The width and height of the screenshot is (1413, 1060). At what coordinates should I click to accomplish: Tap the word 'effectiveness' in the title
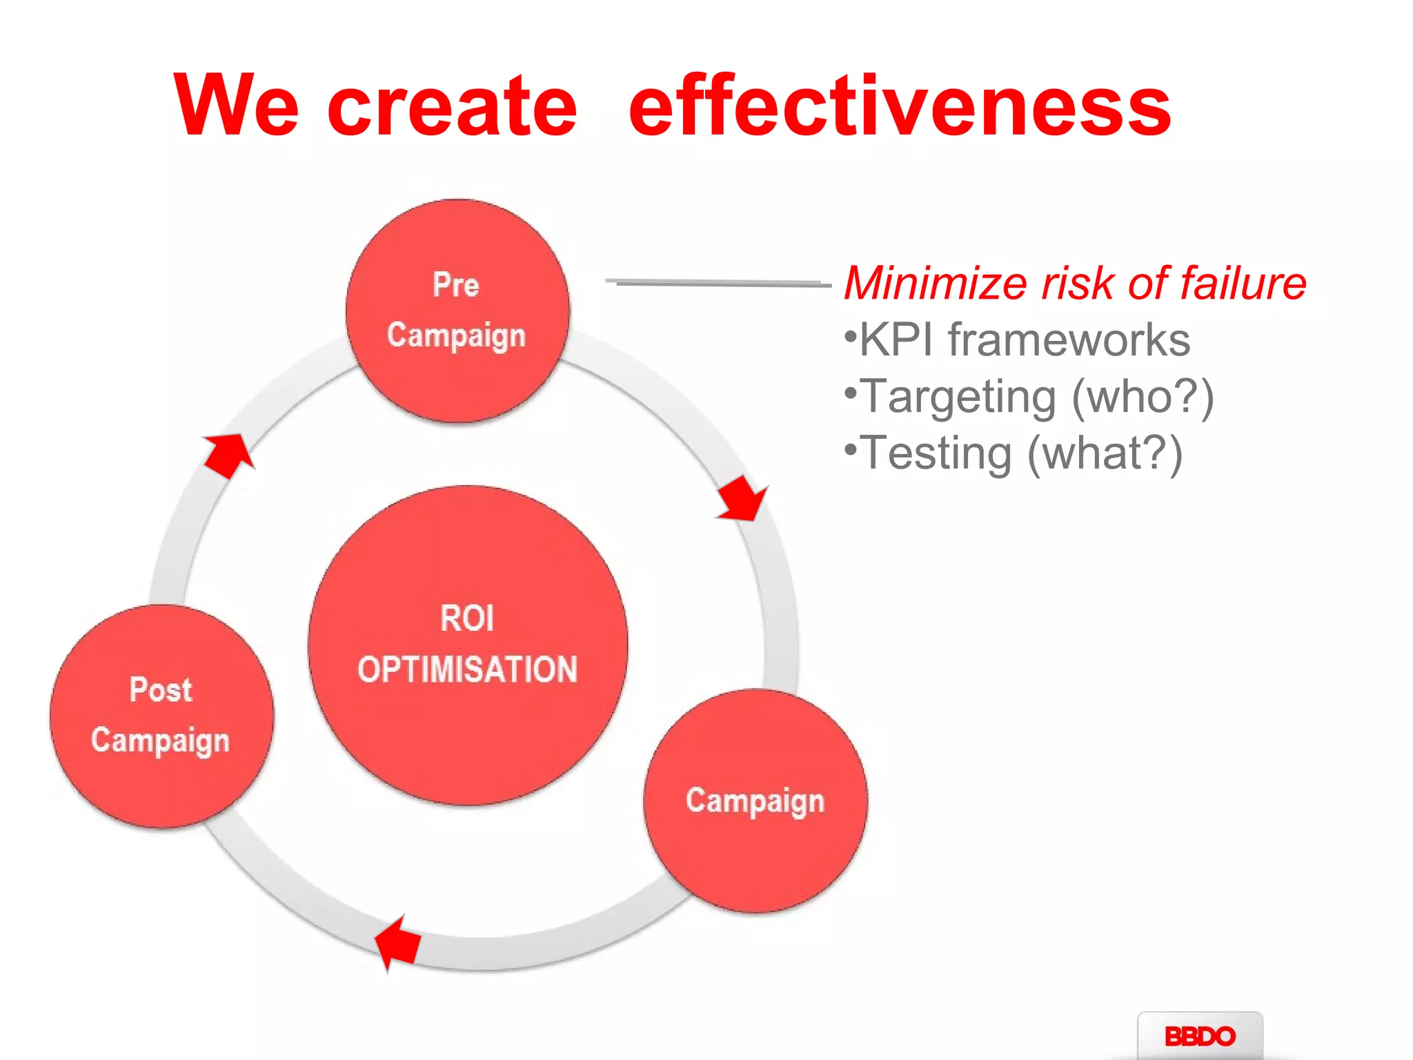pyautogui.click(x=900, y=105)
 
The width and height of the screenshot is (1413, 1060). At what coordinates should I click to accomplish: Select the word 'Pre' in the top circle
pyautogui.click(x=456, y=284)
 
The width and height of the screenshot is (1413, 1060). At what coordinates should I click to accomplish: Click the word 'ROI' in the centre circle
pyautogui.click(x=467, y=618)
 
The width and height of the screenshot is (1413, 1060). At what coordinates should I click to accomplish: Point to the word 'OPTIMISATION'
pyautogui.click(x=467, y=669)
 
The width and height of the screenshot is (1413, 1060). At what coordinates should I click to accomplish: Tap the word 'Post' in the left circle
pyautogui.click(x=161, y=690)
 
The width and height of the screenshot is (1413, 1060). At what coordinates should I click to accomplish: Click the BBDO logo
pyautogui.click(x=1199, y=1036)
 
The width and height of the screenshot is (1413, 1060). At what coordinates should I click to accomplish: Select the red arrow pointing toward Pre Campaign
pyautogui.click(x=228, y=455)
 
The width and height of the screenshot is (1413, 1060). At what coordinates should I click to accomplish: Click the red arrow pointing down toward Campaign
pyautogui.click(x=742, y=499)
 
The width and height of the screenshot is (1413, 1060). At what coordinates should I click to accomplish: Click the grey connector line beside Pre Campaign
pyautogui.click(x=718, y=282)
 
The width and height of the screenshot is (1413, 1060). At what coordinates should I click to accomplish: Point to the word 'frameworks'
pyautogui.click(x=1069, y=340)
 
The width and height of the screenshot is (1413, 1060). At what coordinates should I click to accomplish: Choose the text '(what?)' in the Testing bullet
pyautogui.click(x=1105, y=454)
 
